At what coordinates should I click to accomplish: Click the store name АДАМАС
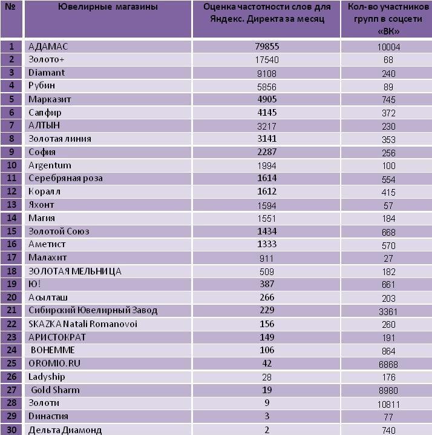pyautogui.click(x=48, y=46)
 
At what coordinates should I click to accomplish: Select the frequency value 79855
pyautogui.click(x=267, y=46)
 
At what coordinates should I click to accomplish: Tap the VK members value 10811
pyautogui.click(x=388, y=405)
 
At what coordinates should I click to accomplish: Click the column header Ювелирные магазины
pyautogui.click(x=108, y=7)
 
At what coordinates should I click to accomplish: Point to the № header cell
pyautogui.click(x=11, y=7)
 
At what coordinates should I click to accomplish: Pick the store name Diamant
pyautogui.click(x=47, y=73)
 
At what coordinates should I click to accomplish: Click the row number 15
pyautogui.click(x=11, y=231)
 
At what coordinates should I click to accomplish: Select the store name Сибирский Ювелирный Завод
pyautogui.click(x=93, y=310)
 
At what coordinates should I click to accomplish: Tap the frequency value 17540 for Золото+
pyautogui.click(x=267, y=60)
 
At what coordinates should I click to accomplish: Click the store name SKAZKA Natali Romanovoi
pyautogui.click(x=83, y=324)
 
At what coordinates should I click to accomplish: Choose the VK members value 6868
pyautogui.click(x=388, y=364)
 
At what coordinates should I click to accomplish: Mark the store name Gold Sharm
pyautogui.click(x=56, y=390)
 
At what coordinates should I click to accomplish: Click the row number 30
pyautogui.click(x=11, y=430)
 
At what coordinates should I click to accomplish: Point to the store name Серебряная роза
pyautogui.click(x=66, y=178)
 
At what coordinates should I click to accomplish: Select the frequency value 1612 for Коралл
pyautogui.click(x=267, y=191)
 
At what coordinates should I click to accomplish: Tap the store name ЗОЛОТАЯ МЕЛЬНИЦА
pyautogui.click(x=75, y=271)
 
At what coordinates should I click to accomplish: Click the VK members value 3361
pyautogui.click(x=388, y=312)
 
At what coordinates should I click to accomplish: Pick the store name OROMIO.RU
pyautogui.click(x=54, y=364)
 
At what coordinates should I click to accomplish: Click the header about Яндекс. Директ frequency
pyautogui.click(x=267, y=13)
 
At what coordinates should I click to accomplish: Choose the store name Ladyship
pyautogui.click(x=47, y=377)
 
